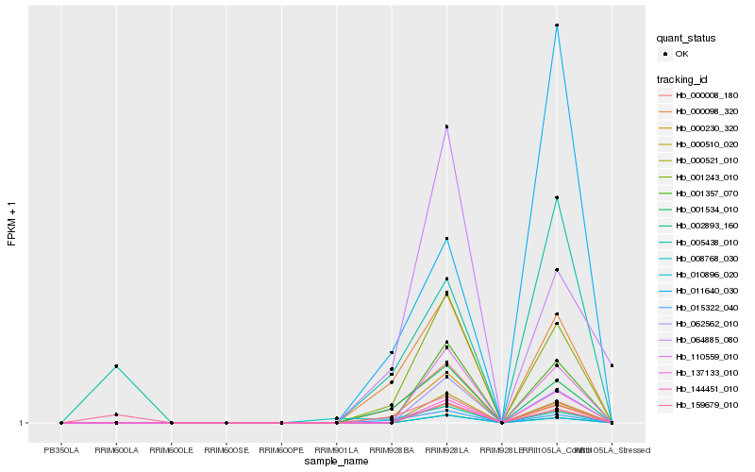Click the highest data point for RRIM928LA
point(446,126)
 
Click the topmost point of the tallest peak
point(557,25)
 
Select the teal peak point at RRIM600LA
point(116,366)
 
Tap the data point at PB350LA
point(61,423)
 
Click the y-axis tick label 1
point(21,423)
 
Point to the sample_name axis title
point(336,462)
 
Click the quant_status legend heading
point(686,39)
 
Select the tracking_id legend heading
point(683,78)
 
